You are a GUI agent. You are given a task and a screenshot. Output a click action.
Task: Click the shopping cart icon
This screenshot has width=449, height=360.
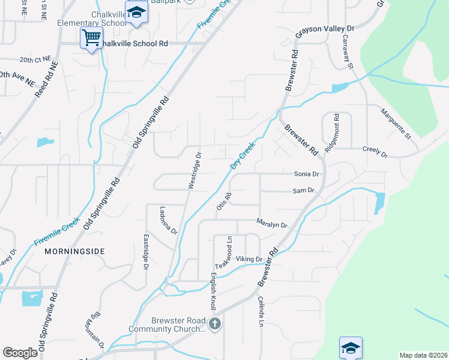coord(92,37)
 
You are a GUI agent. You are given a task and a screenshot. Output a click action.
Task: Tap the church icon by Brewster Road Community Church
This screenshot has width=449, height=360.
coord(215,325)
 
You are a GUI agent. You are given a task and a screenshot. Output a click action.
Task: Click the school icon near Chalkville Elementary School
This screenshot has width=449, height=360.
coord(137,12)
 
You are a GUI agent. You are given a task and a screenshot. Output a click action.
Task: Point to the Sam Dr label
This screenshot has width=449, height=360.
coord(303,190)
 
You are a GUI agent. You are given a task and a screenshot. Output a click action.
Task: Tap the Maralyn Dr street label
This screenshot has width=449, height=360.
coord(272,223)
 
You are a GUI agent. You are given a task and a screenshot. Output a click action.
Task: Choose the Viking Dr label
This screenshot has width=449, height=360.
coord(249,259)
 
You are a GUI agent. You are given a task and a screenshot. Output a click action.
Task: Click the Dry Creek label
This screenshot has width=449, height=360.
coord(243,155)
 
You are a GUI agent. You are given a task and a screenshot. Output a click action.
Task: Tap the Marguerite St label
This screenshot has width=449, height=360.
coord(395,124)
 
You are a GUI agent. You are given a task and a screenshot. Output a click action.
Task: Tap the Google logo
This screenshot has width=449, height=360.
coord(20,353)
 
